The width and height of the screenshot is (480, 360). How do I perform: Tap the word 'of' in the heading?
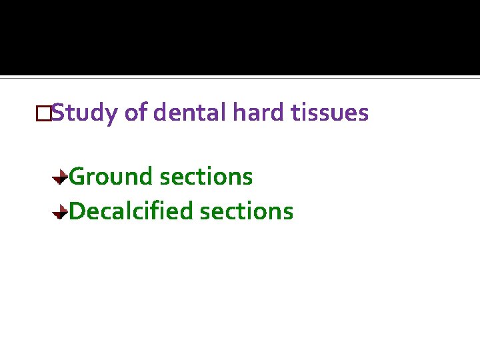135,113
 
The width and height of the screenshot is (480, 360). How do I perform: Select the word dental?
189,113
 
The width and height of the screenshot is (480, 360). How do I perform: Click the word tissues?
330,113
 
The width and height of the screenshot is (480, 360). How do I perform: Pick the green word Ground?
111,177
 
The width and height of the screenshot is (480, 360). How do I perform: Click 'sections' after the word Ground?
207,177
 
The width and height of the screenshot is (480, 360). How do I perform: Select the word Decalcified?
131,211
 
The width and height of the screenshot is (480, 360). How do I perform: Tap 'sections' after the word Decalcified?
247,211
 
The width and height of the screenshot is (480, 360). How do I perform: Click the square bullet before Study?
44,114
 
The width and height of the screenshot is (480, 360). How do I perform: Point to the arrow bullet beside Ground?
60,177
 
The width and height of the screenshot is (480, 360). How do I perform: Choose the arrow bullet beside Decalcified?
60,212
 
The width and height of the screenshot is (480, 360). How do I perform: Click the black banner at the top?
240,37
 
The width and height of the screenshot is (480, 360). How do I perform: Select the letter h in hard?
238,113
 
